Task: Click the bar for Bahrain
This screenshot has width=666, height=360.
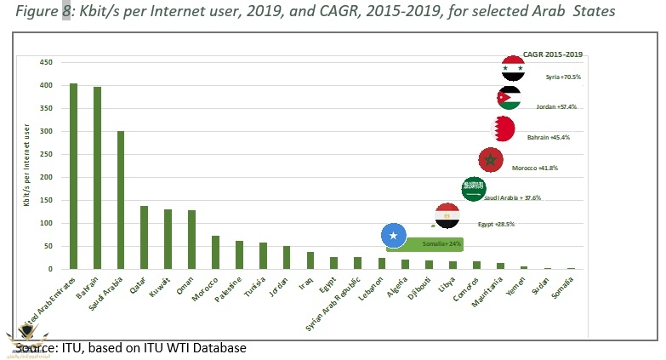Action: click(x=97, y=178)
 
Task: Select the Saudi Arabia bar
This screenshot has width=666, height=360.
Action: click(x=121, y=200)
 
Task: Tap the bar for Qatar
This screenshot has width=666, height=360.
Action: click(x=144, y=237)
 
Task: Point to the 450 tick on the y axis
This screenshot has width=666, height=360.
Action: click(x=47, y=62)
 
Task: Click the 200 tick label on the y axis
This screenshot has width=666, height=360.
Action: click(x=47, y=177)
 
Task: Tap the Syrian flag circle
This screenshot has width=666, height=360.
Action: click(x=513, y=68)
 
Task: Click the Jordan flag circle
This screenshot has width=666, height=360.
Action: click(x=509, y=97)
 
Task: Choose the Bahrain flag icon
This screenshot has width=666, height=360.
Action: click(x=503, y=129)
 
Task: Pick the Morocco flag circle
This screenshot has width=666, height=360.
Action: click(x=491, y=159)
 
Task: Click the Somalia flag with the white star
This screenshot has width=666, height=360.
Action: click(x=394, y=235)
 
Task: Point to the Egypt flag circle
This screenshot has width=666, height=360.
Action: click(x=447, y=215)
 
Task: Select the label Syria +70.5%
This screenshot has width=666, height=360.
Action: click(x=563, y=77)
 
